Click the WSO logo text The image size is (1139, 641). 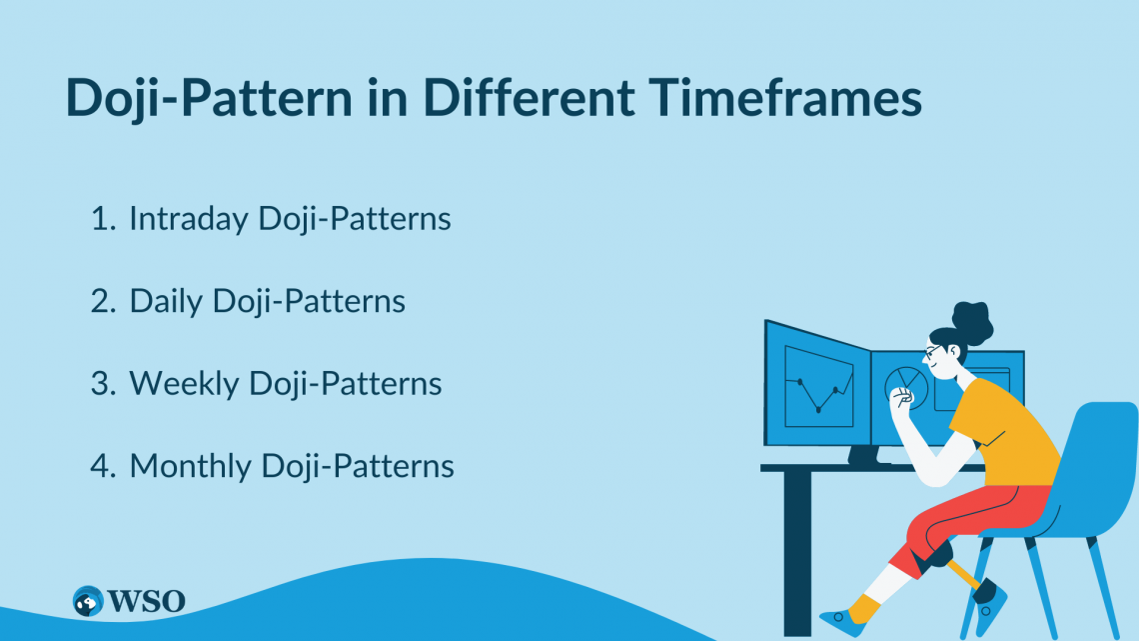(147, 601)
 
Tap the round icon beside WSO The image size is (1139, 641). (88, 601)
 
